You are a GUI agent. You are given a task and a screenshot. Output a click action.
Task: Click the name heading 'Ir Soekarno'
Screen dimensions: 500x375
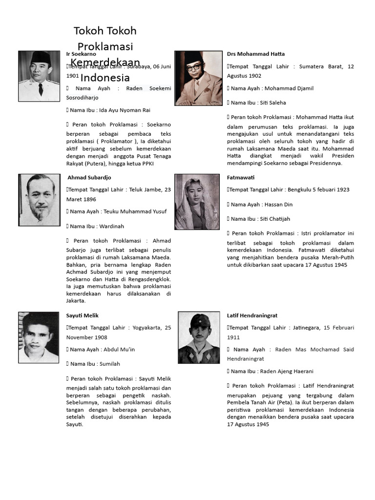coord(81,54)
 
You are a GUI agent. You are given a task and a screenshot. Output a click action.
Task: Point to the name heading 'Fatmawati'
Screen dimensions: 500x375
coord(241,177)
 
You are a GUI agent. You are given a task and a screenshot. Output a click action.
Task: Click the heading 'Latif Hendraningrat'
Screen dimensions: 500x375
coord(252,315)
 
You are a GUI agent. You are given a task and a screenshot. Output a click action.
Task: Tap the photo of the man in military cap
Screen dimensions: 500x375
coord(199,337)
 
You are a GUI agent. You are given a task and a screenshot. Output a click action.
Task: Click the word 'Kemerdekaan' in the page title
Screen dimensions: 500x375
coord(102,62)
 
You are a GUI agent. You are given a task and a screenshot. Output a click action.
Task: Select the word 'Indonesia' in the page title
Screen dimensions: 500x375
coord(105,78)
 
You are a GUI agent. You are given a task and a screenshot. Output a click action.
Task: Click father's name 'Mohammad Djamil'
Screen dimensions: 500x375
coord(289,88)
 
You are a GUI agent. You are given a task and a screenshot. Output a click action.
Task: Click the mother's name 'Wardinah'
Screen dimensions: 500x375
coord(112,226)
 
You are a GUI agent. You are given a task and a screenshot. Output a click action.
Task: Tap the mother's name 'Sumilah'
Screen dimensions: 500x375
coord(110,364)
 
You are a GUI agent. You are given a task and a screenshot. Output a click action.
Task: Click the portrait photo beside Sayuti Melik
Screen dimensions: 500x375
coord(39,337)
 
